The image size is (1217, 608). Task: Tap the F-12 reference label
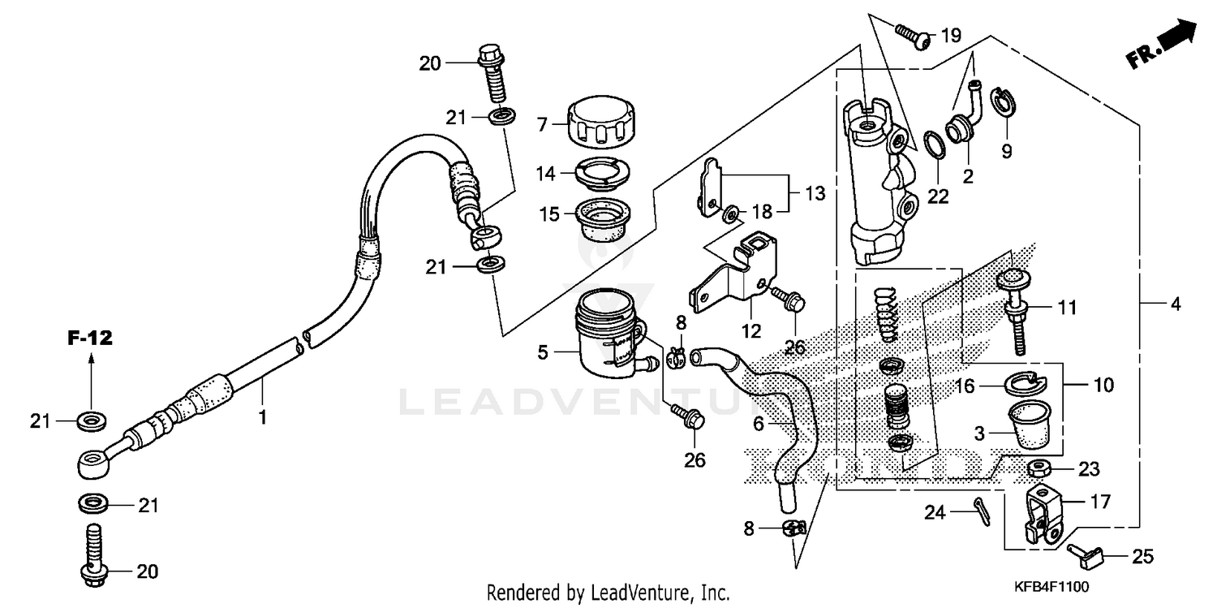coord(89,338)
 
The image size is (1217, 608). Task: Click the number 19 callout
coord(950,35)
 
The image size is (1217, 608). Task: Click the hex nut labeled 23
coord(1037,468)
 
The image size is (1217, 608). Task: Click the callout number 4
coord(1175,306)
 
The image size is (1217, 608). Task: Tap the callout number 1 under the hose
coord(262,417)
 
